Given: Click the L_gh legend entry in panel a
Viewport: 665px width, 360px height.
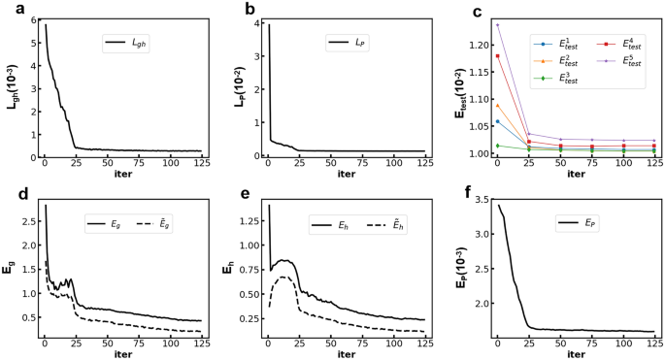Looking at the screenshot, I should [134, 44].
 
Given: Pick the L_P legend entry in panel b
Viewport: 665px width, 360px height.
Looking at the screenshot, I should [353, 44].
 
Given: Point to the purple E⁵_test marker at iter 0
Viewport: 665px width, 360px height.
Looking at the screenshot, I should [497, 25].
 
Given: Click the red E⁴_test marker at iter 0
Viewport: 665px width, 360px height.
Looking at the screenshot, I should [497, 56].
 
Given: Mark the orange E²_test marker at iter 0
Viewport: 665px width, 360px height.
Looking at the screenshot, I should [497, 106].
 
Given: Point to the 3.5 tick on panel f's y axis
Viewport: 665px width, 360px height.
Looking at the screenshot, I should [481, 198].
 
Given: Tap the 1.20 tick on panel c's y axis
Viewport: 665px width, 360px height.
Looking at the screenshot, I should [477, 46].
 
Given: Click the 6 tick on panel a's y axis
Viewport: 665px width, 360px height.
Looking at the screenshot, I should [35, 20].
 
